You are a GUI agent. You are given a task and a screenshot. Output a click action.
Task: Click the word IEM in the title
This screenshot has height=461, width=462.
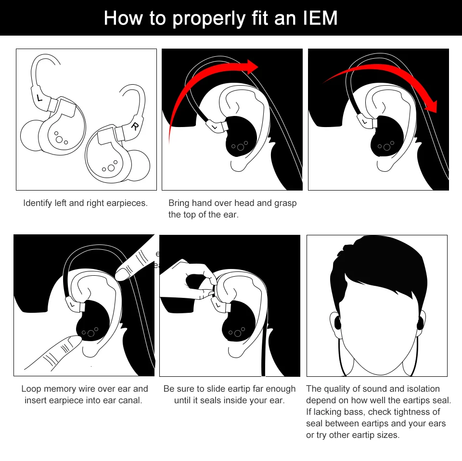[321, 18]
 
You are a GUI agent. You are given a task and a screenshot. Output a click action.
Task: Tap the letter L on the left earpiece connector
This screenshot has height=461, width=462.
[39, 98]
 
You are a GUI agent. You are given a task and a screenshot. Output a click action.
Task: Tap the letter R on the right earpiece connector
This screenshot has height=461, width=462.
[135, 127]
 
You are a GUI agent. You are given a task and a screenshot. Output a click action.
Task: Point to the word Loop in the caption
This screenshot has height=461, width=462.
[31, 389]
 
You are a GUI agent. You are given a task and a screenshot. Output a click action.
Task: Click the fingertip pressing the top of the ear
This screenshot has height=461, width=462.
[122, 273]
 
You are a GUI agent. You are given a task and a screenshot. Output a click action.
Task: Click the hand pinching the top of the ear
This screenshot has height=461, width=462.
[188, 280]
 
